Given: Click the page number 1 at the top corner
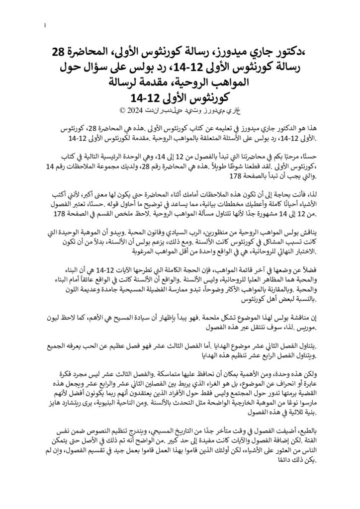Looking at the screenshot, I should pos(45,25).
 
